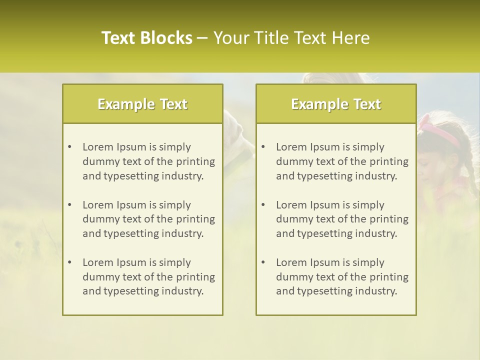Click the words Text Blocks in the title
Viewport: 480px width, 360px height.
147,38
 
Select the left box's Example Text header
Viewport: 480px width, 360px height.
142,104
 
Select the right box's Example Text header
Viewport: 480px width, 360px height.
336,104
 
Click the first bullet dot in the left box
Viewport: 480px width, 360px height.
69,147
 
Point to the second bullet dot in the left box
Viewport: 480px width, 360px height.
69,205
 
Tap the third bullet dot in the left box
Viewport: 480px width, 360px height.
69,262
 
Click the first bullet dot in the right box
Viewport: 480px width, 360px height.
263,147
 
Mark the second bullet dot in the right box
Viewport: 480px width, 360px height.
263,205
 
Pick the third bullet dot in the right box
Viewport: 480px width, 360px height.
263,262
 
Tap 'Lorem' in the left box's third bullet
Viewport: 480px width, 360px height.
98,262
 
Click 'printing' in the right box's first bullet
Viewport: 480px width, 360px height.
389,161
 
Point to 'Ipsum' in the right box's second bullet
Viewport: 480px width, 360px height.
325,205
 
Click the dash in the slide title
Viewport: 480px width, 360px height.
202,38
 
